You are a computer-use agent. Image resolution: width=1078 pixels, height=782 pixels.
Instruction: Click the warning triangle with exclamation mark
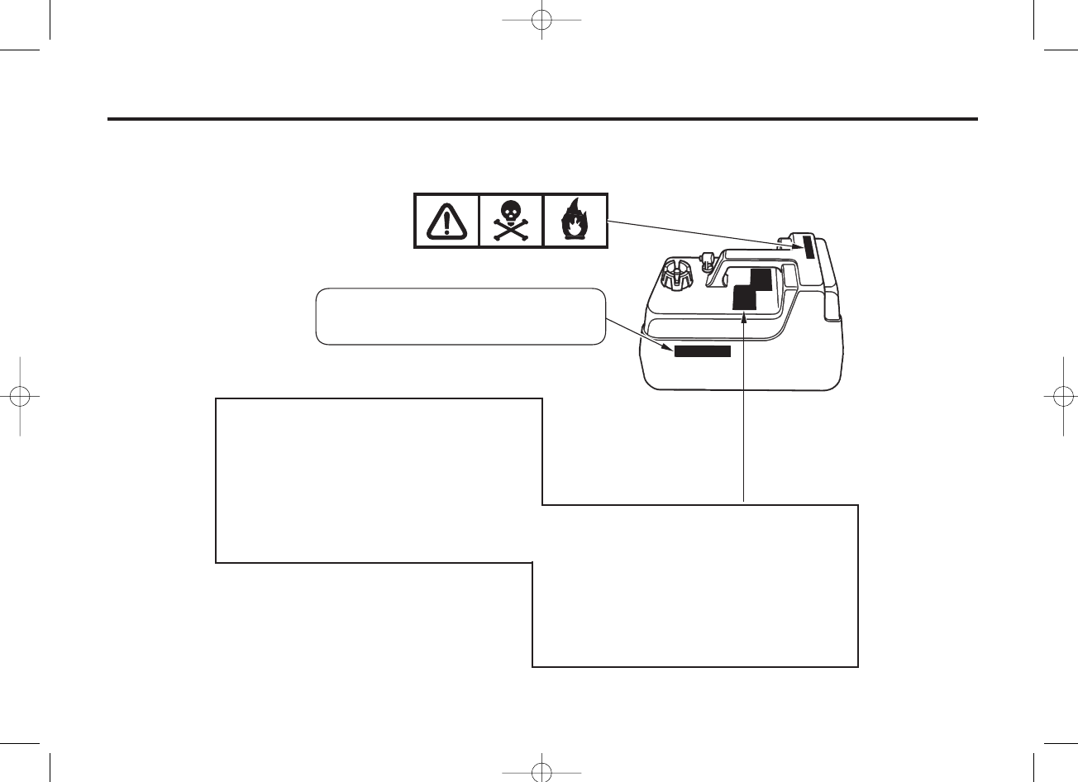click(x=446, y=221)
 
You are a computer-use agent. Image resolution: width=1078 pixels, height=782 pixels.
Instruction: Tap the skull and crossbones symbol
click(x=511, y=221)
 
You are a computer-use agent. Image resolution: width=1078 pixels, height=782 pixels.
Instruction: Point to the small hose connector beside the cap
click(x=708, y=260)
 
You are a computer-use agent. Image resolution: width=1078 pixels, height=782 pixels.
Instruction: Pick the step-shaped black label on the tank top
click(x=751, y=290)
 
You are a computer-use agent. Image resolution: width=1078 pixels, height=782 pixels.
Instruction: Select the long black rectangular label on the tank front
click(x=702, y=351)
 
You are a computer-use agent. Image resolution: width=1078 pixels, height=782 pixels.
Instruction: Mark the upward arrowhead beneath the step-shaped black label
click(x=745, y=319)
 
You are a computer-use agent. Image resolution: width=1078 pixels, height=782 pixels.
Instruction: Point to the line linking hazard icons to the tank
click(x=694, y=232)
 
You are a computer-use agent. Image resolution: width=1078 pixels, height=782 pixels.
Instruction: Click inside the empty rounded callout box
click(x=460, y=316)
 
